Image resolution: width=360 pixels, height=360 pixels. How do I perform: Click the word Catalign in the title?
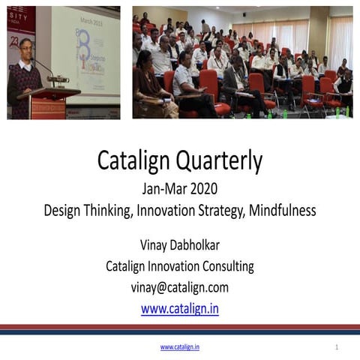(x=134, y=160)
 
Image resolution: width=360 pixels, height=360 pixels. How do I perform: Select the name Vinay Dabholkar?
(x=179, y=244)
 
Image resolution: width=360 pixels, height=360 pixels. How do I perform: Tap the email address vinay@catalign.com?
(x=179, y=286)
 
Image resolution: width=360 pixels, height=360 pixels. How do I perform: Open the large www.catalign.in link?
(x=179, y=307)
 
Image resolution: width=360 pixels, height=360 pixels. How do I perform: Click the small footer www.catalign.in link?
(x=179, y=347)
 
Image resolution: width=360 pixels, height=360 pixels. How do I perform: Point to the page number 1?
(x=337, y=347)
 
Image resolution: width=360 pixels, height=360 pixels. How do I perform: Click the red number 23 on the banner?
(x=13, y=43)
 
